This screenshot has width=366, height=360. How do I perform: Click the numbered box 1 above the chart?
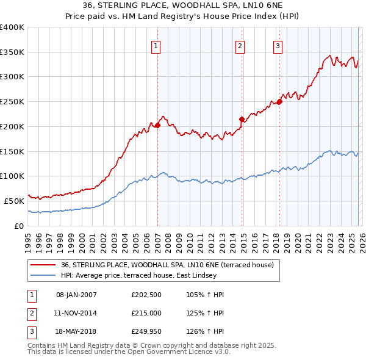tap(156, 46)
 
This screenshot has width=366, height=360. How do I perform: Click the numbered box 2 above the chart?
tap(240, 46)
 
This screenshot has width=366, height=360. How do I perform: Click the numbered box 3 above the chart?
tap(278, 46)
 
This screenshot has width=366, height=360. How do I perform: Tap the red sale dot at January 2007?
tap(157, 125)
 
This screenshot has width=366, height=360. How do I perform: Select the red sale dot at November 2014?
tap(242, 119)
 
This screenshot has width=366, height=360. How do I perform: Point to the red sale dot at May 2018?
tap(279, 102)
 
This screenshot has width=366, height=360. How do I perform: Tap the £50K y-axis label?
tap(15, 201)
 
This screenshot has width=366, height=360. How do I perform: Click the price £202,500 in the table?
tap(145, 295)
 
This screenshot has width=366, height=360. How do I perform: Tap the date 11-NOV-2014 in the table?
tap(76, 314)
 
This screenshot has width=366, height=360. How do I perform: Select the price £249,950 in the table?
tap(145, 333)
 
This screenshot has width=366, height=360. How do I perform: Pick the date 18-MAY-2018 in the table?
tap(76, 333)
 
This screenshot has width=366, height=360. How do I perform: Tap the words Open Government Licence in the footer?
tap(167, 352)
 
